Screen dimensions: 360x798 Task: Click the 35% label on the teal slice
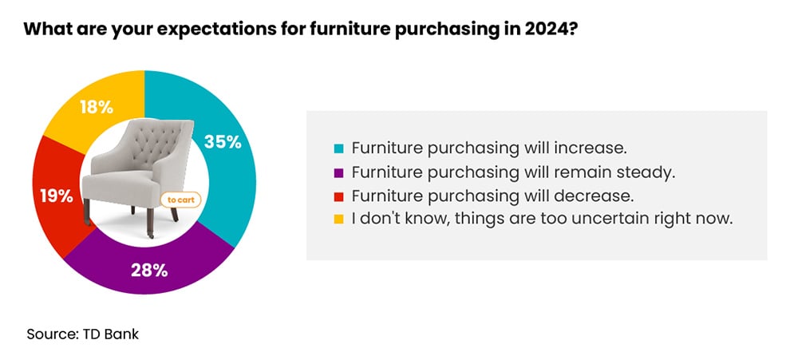223,142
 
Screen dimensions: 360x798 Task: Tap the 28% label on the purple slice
149,270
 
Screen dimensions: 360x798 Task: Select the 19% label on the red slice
55,194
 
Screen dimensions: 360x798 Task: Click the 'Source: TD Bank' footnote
82,334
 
